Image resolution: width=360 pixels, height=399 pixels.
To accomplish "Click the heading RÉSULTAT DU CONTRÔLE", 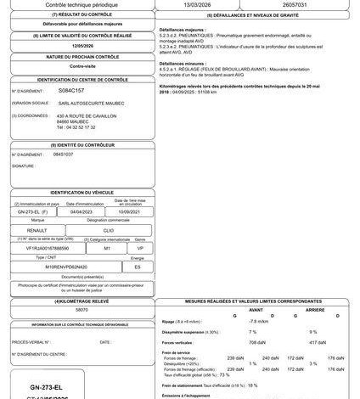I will pyautogui.click(x=81, y=15).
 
